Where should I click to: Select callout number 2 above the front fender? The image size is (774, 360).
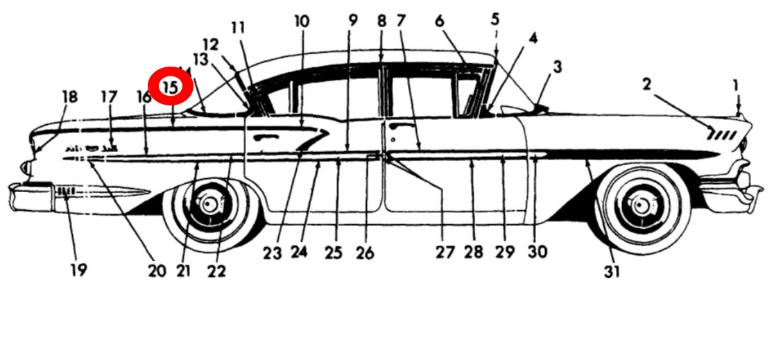[646, 85]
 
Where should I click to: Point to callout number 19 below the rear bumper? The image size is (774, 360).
[78, 270]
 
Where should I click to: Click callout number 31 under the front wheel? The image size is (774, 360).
[611, 272]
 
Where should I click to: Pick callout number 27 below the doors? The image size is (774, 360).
[445, 252]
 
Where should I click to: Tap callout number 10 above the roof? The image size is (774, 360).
[302, 22]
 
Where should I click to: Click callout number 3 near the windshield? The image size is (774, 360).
[557, 67]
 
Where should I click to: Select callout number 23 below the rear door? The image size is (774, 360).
[271, 254]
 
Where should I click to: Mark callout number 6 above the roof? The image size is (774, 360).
[439, 22]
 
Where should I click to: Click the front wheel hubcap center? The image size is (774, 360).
[638, 205]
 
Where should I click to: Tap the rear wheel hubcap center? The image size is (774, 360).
[209, 205]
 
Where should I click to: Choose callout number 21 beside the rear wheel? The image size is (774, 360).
[182, 270]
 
